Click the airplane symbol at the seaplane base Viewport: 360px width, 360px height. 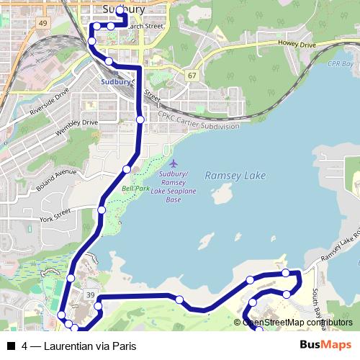[x=172, y=163]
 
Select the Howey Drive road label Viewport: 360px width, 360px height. [x=297, y=45]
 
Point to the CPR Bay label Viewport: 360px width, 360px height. [x=341, y=65]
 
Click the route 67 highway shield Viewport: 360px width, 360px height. [x=192, y=75]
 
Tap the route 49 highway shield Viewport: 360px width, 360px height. [x=45, y=23]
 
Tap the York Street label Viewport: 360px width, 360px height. [x=55, y=215]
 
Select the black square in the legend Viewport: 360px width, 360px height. [x=10, y=346]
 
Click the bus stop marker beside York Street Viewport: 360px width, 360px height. [x=102, y=210]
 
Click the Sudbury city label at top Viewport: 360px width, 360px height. [x=124, y=9]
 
